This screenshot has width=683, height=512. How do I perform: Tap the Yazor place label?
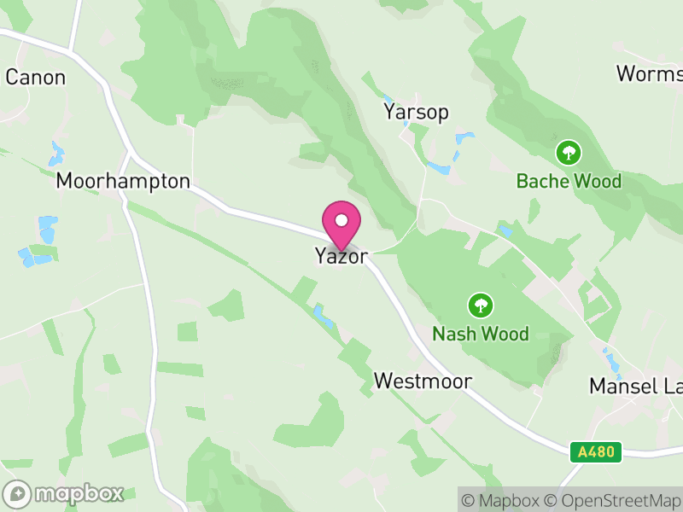click(x=341, y=256)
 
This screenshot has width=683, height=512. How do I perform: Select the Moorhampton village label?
click(x=123, y=181)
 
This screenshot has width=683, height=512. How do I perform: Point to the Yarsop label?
click(x=416, y=113)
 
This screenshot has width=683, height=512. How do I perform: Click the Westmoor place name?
click(x=423, y=381)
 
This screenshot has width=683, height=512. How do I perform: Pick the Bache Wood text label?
click(x=569, y=181)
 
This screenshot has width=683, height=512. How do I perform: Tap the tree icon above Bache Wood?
click(x=569, y=154)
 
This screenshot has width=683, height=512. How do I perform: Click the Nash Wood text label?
click(x=481, y=333)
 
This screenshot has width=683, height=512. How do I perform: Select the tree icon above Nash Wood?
click(x=481, y=305)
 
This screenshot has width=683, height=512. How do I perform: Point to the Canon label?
click(x=35, y=77)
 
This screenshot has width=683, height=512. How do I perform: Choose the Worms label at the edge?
click(x=649, y=73)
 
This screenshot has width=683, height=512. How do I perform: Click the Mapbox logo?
click(x=64, y=493)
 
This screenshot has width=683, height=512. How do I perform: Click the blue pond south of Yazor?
click(x=324, y=317)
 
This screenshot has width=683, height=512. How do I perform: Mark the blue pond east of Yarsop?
click(x=464, y=138)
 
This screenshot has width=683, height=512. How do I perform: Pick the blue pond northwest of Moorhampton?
click(x=57, y=154)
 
